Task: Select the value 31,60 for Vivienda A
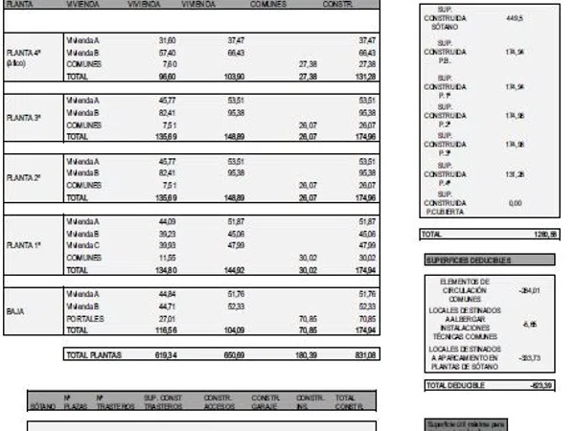[x=166, y=40]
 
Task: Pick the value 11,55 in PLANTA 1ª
[x=166, y=258]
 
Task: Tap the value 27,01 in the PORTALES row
[x=166, y=317]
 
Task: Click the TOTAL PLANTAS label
[x=95, y=355]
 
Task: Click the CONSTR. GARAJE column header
[x=265, y=400]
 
